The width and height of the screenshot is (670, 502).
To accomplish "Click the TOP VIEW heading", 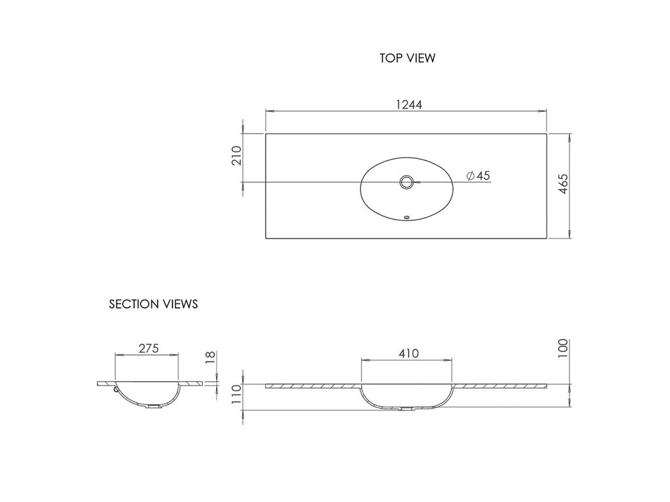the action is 407,58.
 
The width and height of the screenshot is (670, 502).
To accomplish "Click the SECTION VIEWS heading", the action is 153,304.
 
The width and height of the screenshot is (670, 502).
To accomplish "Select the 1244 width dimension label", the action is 409,105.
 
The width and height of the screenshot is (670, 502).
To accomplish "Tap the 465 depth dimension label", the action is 564,184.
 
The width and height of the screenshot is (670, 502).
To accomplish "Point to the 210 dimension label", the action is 236,156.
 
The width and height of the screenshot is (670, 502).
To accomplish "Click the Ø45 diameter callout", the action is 478,175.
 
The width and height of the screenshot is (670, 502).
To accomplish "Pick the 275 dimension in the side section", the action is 149,348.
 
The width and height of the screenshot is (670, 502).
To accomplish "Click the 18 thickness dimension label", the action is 211,358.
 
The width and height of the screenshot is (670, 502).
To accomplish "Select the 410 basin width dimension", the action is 409,354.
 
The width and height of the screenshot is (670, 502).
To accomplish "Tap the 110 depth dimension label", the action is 236,397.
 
